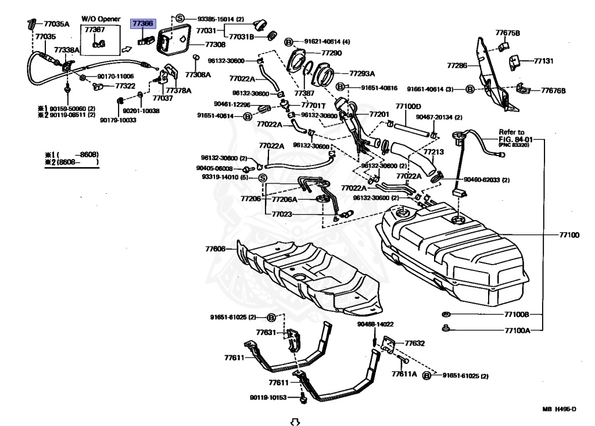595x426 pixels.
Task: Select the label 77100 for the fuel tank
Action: (569, 235)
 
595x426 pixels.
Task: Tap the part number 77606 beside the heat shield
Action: (215, 248)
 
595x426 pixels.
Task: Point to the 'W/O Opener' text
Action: (101, 19)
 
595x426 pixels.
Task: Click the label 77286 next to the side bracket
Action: (457, 66)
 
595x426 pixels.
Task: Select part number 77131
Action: (544, 60)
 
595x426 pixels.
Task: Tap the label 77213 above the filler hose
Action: (433, 152)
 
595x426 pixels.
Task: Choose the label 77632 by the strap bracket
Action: (414, 343)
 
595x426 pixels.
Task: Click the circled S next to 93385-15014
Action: (180, 19)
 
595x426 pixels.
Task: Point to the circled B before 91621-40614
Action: (288, 42)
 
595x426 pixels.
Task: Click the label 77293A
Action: (362, 74)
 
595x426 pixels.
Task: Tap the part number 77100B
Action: (516, 314)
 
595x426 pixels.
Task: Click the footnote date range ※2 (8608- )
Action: (71, 162)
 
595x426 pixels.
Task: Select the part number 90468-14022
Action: (375, 324)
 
